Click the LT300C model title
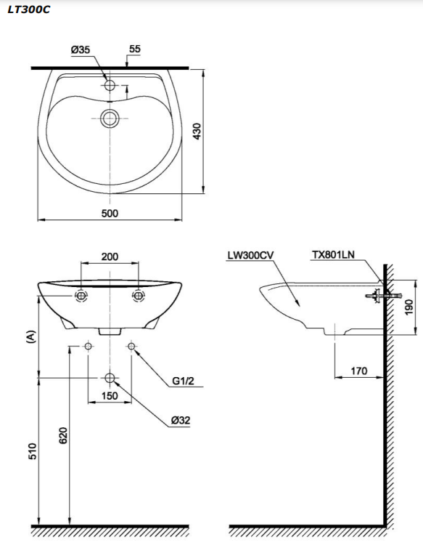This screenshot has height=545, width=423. tap(29, 10)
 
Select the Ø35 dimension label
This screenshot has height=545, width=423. tap(81, 49)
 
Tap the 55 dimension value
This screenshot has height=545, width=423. tap(134, 49)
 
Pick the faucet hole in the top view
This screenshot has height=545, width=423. tap(110, 85)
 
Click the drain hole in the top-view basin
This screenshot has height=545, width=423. tap(110, 117)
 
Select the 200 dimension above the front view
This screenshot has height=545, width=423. tap(110, 257)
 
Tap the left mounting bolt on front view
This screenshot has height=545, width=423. tap(81, 296)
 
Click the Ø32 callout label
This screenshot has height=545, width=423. tap(181, 420)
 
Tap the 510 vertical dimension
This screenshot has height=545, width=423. tap(32, 451)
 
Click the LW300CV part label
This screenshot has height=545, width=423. tap(250, 255)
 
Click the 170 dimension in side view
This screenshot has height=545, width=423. tap(358, 371)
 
